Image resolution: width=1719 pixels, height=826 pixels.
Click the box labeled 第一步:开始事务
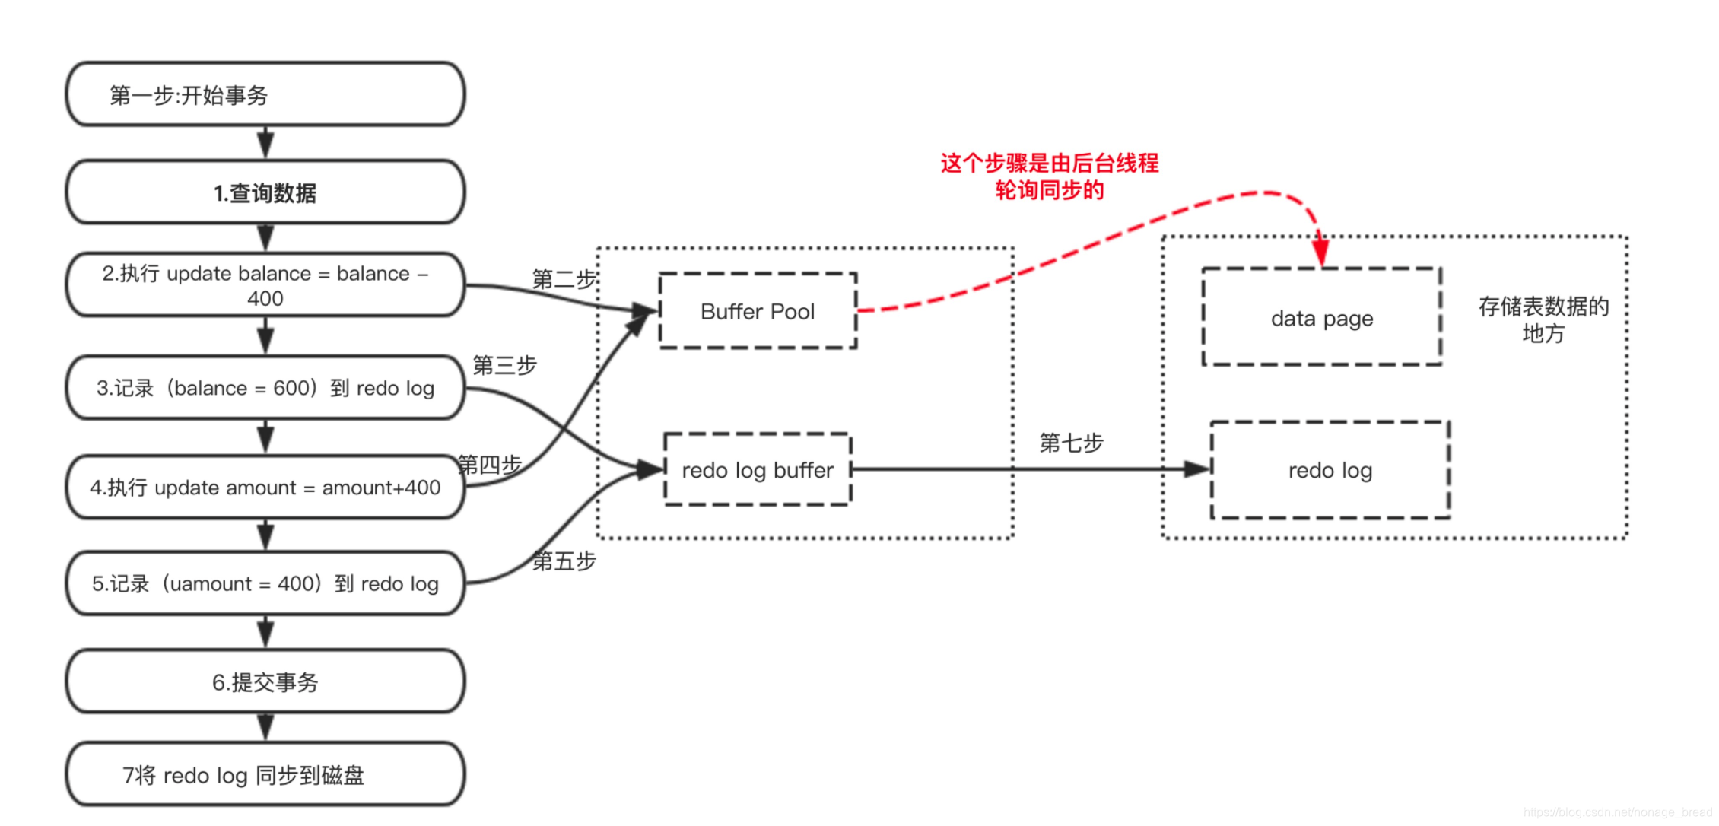(x=265, y=95)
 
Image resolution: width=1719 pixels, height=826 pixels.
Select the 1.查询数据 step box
(x=265, y=192)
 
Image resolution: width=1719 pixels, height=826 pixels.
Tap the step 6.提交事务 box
(x=265, y=682)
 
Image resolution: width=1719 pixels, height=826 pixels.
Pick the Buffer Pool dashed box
(x=758, y=311)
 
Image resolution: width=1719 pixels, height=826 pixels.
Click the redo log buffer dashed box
(x=758, y=470)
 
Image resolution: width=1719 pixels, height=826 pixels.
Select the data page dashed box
(x=1322, y=318)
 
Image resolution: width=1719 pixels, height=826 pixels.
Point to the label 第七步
(x=1071, y=443)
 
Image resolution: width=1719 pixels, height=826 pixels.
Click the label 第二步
(x=564, y=279)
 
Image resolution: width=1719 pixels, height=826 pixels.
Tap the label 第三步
(x=504, y=365)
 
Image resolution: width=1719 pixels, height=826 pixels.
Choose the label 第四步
(x=489, y=464)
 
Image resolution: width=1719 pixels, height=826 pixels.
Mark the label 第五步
(x=564, y=561)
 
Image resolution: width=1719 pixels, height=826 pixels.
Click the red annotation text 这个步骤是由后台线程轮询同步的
(x=1050, y=176)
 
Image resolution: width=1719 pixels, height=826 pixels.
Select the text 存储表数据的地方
(x=1543, y=319)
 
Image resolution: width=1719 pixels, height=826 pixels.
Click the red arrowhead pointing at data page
(x=1321, y=251)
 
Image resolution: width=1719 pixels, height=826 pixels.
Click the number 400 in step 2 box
(x=265, y=299)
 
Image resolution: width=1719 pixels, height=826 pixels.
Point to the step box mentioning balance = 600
(x=265, y=388)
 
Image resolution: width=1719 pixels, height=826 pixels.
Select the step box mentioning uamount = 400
(x=265, y=583)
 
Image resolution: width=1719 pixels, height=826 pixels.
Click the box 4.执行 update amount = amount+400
(x=265, y=488)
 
